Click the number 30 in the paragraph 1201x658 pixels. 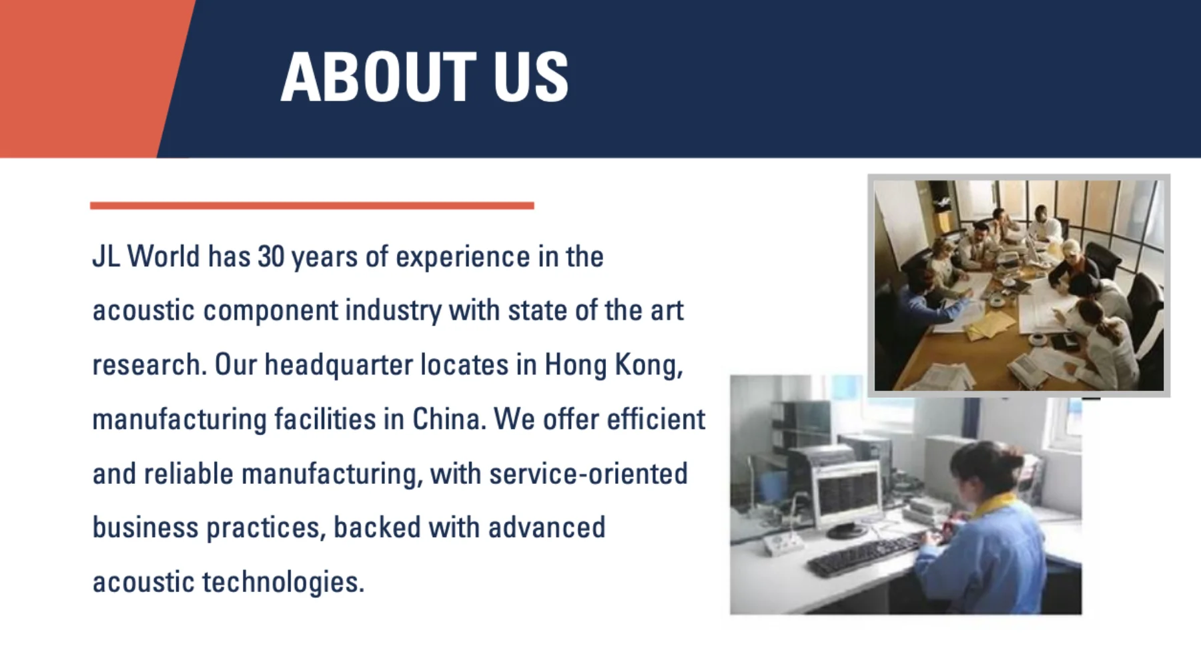[271, 257]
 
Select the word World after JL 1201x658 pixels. [163, 257]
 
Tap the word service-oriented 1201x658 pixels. [588, 474]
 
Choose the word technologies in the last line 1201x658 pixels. [283, 583]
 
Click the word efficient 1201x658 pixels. [655, 420]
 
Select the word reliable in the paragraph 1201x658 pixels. [189, 474]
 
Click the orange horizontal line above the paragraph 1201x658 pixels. [312, 206]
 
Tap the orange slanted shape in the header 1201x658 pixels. [87, 79]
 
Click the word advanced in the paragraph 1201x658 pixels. [546, 528]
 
